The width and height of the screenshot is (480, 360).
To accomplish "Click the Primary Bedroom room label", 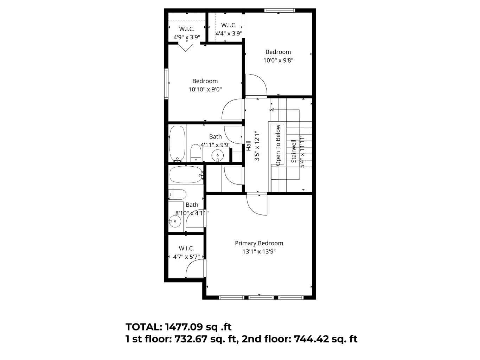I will point(259,243).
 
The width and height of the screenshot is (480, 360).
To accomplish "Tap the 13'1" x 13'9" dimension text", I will point(259,251).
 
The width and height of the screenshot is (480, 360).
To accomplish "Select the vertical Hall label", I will point(249,146).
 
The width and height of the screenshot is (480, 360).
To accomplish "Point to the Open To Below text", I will point(278,144).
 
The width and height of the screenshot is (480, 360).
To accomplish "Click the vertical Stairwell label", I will point(294,151).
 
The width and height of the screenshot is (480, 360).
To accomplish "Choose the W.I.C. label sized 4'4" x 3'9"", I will point(229,25).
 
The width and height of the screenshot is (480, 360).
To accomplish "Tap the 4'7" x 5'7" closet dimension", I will point(186,257).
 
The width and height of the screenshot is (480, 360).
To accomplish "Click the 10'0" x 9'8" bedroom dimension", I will point(278,60).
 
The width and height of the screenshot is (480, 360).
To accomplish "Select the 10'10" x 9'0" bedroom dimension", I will point(205,89).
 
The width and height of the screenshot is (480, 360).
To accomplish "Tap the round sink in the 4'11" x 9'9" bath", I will point(218,155).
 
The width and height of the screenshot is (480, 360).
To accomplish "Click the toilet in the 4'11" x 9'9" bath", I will point(195,153).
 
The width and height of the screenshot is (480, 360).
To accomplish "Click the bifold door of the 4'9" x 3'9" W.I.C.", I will point(185,47).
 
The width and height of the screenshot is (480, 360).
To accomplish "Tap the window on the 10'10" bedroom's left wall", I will point(166,84).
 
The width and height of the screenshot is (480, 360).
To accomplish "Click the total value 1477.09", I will point(184,327).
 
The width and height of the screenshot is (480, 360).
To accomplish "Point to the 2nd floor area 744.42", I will point(311,339).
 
